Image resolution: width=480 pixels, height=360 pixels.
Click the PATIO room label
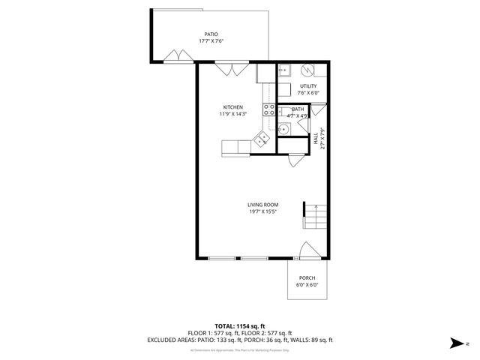coord(213,34)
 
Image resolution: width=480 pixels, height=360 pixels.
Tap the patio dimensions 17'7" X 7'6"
coord(213,41)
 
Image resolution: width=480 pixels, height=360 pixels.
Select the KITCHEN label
coord(233,107)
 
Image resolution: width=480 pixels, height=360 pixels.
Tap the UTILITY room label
coord(308,86)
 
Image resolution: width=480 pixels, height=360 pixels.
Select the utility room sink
coord(285,71)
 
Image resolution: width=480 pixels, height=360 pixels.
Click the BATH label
coord(298,109)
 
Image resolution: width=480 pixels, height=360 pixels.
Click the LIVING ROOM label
coord(263,205)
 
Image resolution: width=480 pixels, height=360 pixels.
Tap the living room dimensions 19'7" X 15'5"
coord(263,212)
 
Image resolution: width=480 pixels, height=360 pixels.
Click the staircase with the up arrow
coord(315,217)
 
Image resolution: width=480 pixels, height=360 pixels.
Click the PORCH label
coord(307,277)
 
